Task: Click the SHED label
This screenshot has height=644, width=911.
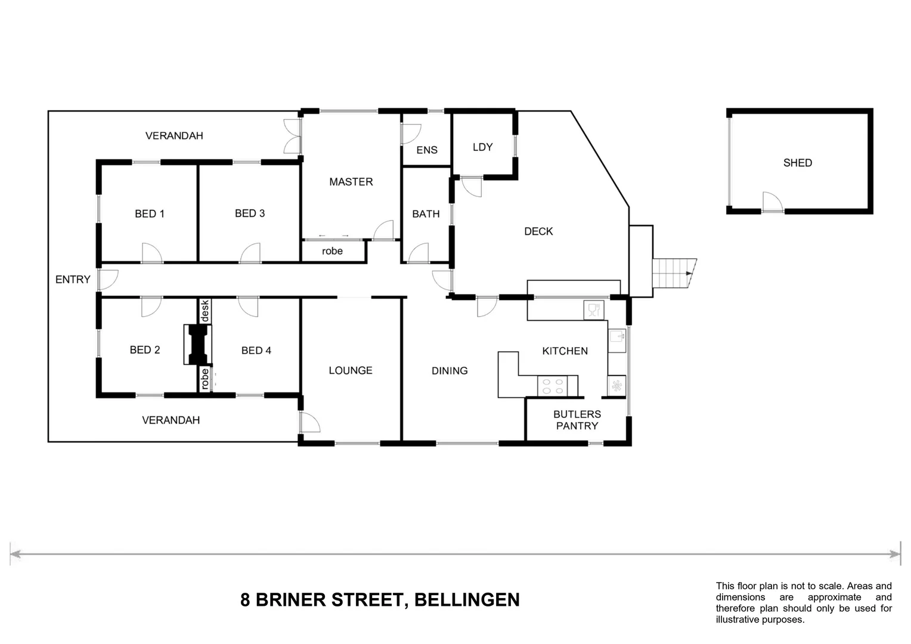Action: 798,163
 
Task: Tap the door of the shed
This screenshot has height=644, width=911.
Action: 772,202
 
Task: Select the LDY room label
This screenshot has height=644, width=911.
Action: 483,147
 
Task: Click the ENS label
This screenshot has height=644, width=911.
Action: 427,150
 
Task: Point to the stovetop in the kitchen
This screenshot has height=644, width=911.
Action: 553,386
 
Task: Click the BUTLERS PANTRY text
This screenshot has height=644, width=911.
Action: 577,420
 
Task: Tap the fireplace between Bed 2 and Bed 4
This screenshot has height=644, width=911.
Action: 198,344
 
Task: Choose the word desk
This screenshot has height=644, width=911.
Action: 204,311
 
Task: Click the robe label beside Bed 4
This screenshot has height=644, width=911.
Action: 204,379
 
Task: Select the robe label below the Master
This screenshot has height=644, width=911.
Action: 332,251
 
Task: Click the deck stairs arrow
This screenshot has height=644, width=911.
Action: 689,273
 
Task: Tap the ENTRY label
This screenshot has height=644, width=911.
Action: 73,280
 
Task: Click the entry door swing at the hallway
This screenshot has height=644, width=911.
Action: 109,280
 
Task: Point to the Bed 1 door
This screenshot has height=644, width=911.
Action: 152,253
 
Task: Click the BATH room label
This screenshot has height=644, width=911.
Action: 426,214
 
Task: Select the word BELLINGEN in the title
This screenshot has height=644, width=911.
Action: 467,600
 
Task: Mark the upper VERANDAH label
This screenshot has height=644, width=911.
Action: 174,136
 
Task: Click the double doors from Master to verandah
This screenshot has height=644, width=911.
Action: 293,136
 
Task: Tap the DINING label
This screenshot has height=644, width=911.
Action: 450,371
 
